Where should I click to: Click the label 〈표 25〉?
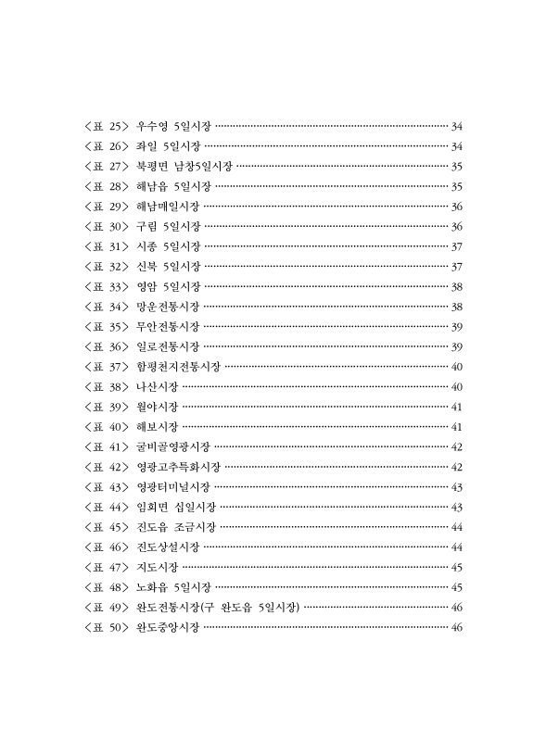click(105, 126)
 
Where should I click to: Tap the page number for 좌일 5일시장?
click(456, 146)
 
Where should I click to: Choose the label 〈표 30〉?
click(105, 227)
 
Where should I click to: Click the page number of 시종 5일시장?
click(456, 247)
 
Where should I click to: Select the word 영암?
click(146, 287)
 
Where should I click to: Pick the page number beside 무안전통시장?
click(456, 327)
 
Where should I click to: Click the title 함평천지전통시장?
click(178, 368)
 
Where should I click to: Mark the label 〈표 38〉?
click(105, 387)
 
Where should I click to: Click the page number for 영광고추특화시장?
click(456, 468)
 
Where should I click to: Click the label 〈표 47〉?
click(105, 568)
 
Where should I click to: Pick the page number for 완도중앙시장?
click(456, 629)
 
